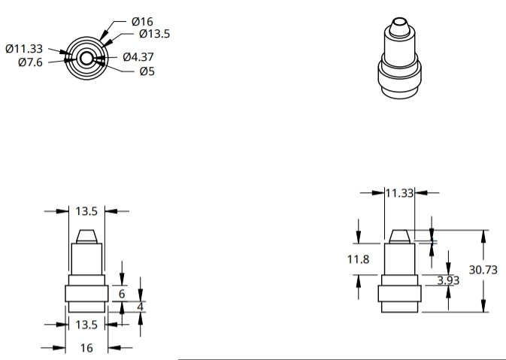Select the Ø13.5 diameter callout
(x=156, y=34)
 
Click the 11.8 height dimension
(x=357, y=259)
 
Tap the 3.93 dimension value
(x=449, y=280)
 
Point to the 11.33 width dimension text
(x=400, y=193)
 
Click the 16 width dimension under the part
(x=87, y=348)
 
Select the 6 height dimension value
(x=123, y=294)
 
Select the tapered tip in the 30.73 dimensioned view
(x=398, y=236)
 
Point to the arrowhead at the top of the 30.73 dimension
(x=483, y=234)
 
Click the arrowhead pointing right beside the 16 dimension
(x=61, y=348)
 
